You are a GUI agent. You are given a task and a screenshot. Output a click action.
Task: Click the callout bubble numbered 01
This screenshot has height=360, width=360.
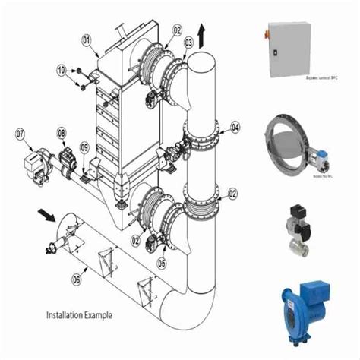click(x=86, y=39)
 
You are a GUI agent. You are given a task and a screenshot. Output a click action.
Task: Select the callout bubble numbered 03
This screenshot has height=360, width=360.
click(x=188, y=43)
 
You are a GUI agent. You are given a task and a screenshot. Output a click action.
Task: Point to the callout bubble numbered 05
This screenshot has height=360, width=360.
click(x=161, y=262)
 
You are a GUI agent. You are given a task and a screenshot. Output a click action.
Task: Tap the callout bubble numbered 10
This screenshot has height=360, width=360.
click(x=62, y=70)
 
